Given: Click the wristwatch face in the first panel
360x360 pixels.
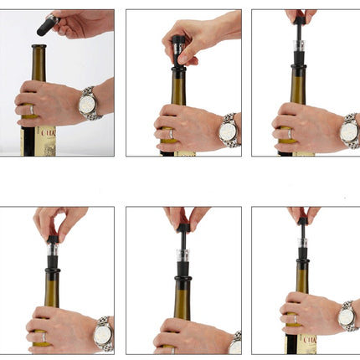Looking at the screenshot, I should pos(87,104).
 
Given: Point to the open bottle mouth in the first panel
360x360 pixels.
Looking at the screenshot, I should pos(39,48).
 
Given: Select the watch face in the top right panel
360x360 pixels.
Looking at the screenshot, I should pos(348,131).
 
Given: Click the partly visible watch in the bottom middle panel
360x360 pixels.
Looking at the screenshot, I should pos(234,343).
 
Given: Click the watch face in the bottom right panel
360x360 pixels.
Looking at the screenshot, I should pos(347,316).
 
